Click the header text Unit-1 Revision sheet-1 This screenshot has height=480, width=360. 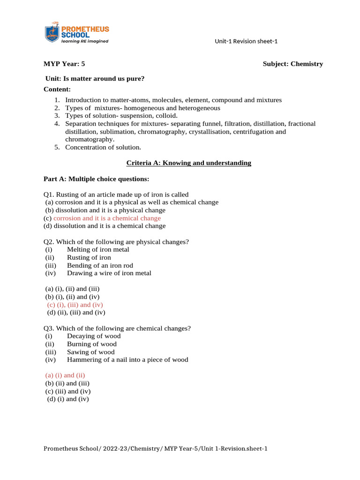pos(246,41)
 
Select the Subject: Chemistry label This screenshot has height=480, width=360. pos(292,64)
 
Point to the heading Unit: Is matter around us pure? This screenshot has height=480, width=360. pos(94,79)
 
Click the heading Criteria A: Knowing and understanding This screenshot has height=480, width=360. pos(189,163)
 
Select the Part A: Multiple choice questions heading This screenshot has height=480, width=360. pos(97,179)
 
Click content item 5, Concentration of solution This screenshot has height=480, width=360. pos(103,147)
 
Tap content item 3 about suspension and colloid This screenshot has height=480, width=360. pos(121,115)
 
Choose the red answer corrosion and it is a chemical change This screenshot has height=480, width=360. pos(107,218)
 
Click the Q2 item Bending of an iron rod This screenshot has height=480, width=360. pos(100,265)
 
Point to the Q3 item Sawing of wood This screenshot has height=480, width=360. pos(90,352)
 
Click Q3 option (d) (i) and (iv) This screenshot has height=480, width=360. pos(68,399)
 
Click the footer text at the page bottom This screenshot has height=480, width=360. pos(155,449)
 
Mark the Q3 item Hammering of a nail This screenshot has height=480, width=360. pos(127,360)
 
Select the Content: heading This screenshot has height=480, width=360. pos(57,89)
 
